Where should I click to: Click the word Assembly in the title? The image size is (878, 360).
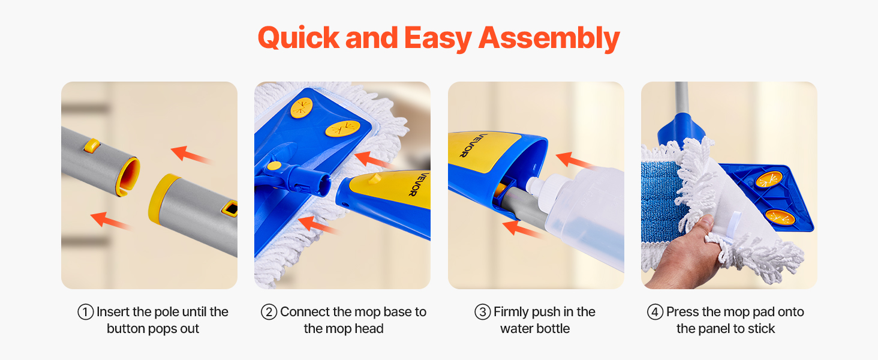[x=549, y=38]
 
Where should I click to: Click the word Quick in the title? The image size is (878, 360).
[x=299, y=38]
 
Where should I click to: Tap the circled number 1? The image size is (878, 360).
[x=85, y=312]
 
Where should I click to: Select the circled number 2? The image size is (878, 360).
[x=269, y=312]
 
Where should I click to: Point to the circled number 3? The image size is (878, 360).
[x=483, y=312]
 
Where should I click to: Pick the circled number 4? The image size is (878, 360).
[x=655, y=312]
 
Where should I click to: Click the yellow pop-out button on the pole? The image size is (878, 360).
[x=91, y=145]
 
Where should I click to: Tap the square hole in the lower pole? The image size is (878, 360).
[x=230, y=208]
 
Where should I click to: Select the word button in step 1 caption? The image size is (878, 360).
[x=126, y=329]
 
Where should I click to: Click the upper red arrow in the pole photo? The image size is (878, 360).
[x=191, y=154]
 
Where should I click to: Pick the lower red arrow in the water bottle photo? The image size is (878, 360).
[x=522, y=228]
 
